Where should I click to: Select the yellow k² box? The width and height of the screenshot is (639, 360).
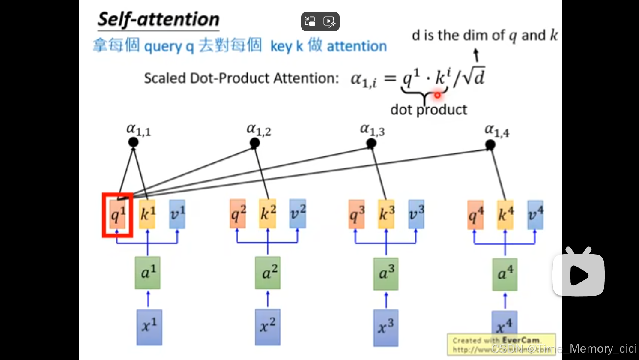pos(268,213)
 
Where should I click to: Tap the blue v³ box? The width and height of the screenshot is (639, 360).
pos(416,214)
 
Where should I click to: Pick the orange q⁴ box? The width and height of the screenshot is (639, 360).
pos(475,215)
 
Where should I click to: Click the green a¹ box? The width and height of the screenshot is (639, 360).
pos(148,273)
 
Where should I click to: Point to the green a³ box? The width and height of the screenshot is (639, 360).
pos(385,273)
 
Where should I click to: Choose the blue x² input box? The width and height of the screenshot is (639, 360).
pos(268,327)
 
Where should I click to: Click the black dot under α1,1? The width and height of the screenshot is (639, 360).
pos(134,142)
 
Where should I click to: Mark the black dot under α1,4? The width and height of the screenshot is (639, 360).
pos(490,145)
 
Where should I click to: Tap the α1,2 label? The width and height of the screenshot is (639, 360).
pos(259,129)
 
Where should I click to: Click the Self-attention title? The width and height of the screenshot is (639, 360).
pos(158,20)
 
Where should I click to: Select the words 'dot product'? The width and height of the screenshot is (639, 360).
pos(428,110)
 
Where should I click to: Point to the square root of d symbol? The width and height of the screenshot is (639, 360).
pos(473,77)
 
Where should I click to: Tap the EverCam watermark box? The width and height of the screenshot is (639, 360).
pos(501,345)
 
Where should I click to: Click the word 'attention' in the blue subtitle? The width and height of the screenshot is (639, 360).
pos(357,46)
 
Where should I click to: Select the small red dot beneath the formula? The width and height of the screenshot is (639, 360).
pos(437,95)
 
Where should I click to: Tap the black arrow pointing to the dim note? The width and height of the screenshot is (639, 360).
pos(476,55)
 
